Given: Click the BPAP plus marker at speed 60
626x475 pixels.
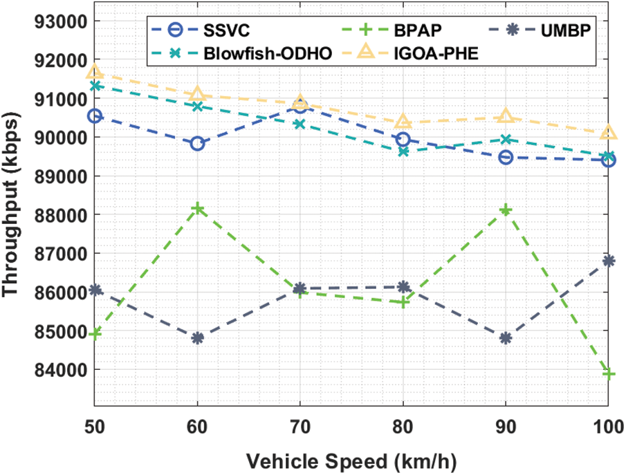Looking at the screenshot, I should click(x=198, y=208).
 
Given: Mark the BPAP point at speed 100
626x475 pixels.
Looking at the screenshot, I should click(x=609, y=373).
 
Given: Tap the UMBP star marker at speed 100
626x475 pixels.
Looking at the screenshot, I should click(x=609, y=261).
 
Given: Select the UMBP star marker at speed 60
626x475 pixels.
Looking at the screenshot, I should click(x=198, y=338).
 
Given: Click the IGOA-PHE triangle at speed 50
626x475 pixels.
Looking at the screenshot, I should click(x=95, y=73).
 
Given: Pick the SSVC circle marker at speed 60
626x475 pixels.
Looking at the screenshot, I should click(x=198, y=144).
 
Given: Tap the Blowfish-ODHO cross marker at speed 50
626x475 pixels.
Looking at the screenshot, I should click(x=95, y=86).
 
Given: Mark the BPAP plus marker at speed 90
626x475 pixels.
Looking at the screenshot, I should click(x=506, y=209).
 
